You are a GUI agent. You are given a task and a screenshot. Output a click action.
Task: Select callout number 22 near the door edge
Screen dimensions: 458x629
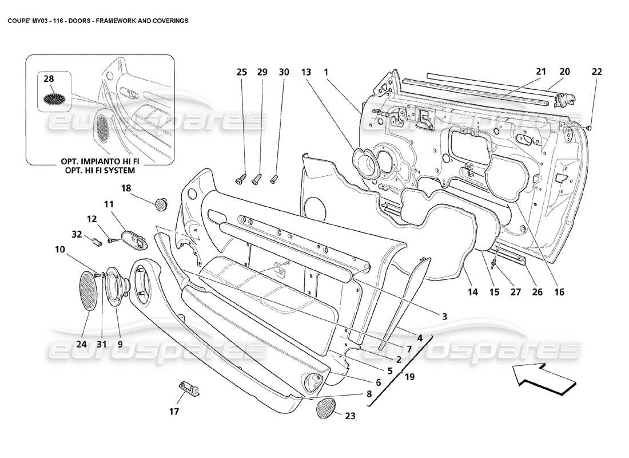pyautogui.click(x=596, y=72)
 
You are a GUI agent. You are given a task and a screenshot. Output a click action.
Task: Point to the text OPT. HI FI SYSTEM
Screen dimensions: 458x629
pyautogui.click(x=99, y=171)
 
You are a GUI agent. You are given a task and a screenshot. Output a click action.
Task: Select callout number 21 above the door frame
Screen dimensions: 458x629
pyautogui.click(x=541, y=72)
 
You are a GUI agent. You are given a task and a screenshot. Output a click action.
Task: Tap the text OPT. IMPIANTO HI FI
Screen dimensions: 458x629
pyautogui.click(x=99, y=162)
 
